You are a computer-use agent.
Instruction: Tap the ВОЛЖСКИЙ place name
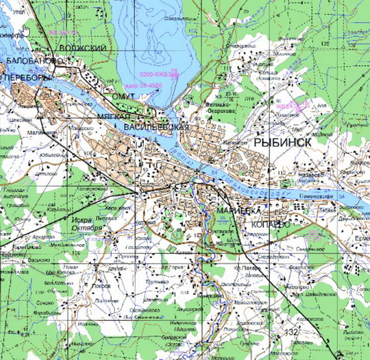84,48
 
